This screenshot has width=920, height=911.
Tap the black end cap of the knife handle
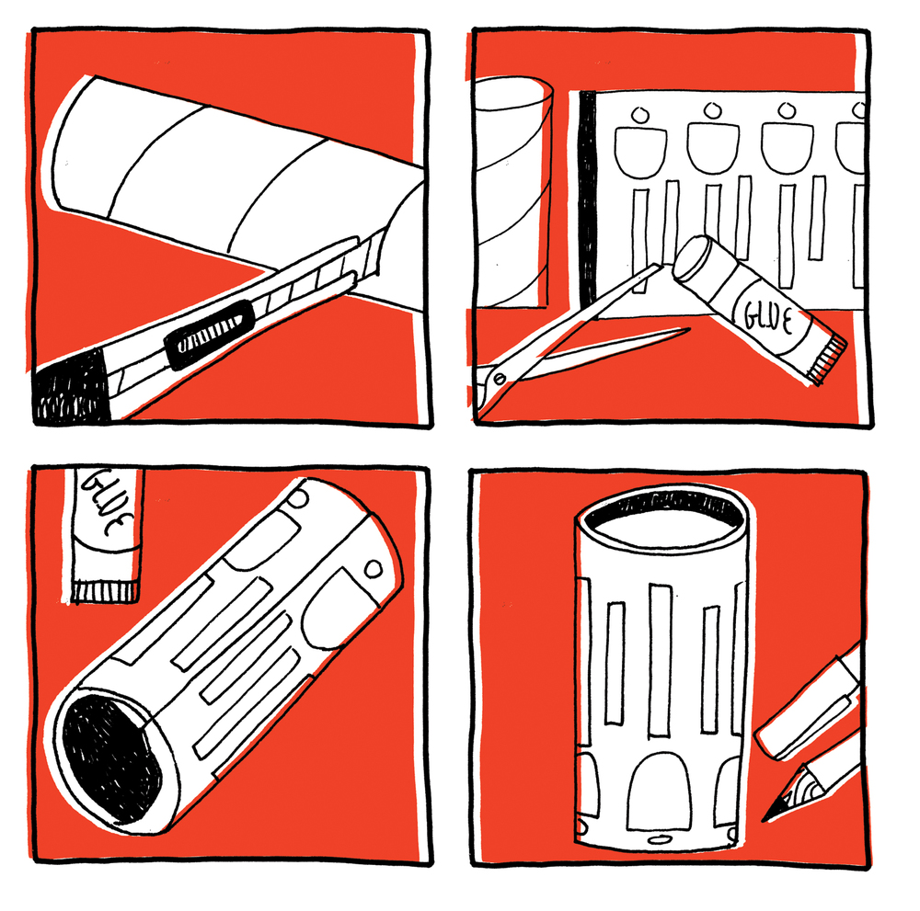coord(71,387)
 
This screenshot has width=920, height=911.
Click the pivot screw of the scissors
coord(500,378)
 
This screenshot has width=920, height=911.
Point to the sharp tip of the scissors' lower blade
coord(688,329)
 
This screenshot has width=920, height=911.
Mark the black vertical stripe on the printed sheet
coord(587,199)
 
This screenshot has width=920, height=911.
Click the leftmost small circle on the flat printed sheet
coord(640,114)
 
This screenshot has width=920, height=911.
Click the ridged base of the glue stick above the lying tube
coord(106,591)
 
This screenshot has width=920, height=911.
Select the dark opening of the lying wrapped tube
coord(111,758)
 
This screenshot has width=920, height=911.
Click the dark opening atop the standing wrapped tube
coord(664,509)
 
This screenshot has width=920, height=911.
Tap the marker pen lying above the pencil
coord(810,703)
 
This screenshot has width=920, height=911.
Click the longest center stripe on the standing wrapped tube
coord(660,660)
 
